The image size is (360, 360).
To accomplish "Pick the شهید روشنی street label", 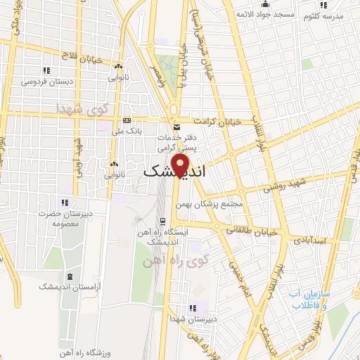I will [289, 185].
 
